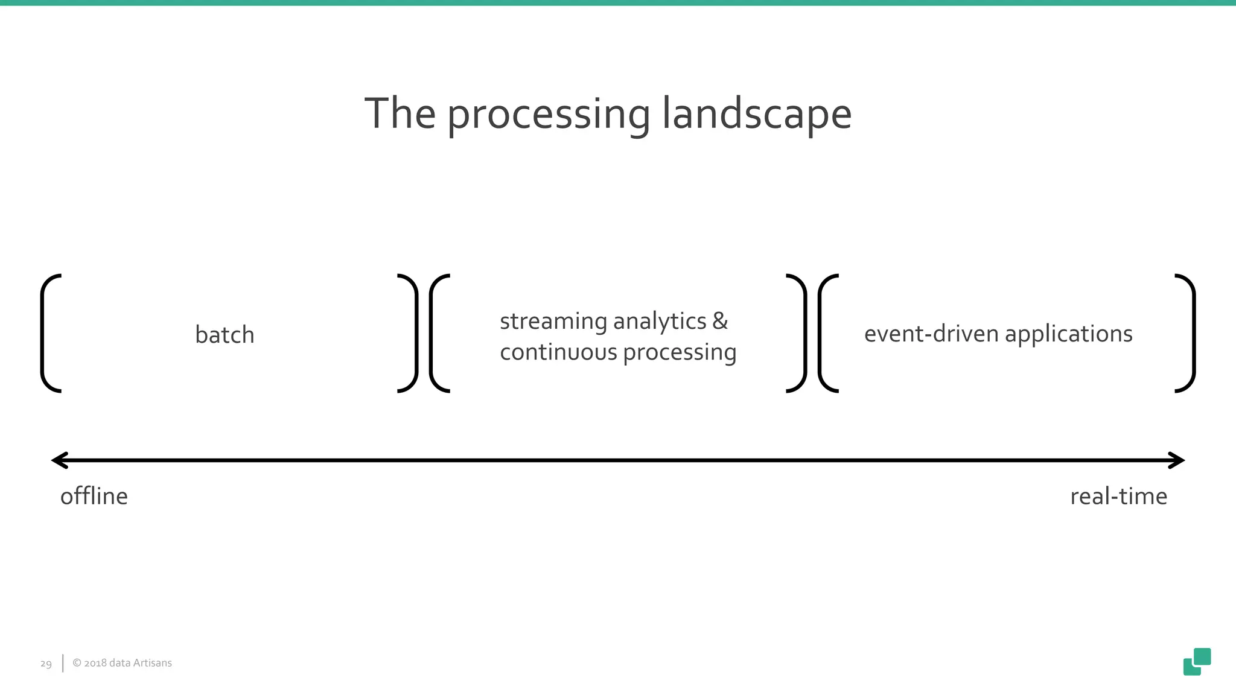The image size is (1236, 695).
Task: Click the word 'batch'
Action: point(225,335)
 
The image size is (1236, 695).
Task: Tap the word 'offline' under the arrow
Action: point(94,497)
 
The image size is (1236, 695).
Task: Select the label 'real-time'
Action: point(1118,497)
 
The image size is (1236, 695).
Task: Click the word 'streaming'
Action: point(553,321)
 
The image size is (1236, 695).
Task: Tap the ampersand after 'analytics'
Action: point(720,320)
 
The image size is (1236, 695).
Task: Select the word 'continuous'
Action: point(558,352)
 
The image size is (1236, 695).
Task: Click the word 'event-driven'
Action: point(931,334)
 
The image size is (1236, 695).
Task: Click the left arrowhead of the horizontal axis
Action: point(59,460)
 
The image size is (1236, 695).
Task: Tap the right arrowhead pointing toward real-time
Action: point(1177,460)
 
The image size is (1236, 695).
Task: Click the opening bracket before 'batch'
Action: point(47,333)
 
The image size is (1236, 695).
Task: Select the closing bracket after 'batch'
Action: point(412,333)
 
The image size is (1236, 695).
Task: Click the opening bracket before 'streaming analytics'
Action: point(436,333)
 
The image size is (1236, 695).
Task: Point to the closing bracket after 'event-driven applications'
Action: point(1189,333)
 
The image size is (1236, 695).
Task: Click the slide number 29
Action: point(46,664)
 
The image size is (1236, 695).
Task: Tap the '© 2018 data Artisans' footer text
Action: point(122,663)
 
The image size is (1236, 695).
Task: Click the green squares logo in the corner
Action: point(1197,661)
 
